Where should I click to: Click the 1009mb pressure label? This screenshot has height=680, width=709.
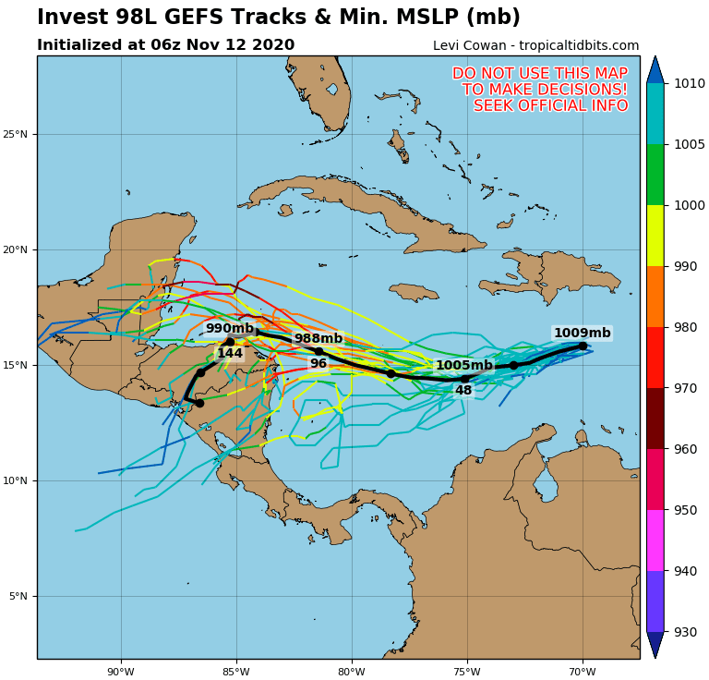coord(582,334)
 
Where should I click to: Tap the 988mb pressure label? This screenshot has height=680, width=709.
coord(318,339)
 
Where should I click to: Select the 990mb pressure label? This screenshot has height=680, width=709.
coord(229,329)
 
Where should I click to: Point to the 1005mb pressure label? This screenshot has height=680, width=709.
coord(464,366)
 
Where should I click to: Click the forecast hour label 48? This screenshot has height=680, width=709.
coord(463,391)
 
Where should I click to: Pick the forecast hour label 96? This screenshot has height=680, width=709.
coord(318,364)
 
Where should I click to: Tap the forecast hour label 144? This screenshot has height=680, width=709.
coord(230,354)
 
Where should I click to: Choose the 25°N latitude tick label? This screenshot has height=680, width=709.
coord(16,135)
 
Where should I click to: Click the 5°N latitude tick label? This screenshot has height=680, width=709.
coord(18,597)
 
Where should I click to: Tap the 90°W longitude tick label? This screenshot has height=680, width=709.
coord(121,672)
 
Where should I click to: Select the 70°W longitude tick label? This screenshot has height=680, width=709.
coord(583,672)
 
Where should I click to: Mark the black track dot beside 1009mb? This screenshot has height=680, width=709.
coord(583,346)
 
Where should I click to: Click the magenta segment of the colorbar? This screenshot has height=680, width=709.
coord(655,540)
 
